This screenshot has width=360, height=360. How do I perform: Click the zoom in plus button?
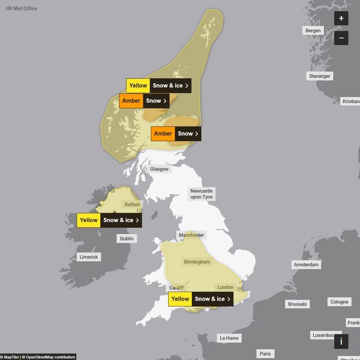coord(341,19)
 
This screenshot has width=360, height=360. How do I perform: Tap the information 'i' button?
coord(341,341)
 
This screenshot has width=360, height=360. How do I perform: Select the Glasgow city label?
coord(160,169)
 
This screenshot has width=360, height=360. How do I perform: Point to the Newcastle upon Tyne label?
coord(202,193)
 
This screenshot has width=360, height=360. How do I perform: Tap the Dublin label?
coord(127,238)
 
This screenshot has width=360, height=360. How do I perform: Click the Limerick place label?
coord(89,256)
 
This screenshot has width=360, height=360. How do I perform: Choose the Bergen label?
coord(313,30)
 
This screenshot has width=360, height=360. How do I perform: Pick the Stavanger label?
coord(319,76)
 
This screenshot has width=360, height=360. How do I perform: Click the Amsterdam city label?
coord(306,265)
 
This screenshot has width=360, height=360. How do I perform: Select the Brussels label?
coord(297,304)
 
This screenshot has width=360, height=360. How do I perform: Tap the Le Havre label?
coord(229,338)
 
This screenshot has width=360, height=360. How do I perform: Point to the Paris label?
coord(265,353)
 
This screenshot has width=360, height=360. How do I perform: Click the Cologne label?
coord(339,302)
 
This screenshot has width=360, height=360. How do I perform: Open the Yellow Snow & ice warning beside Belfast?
coord(109,220)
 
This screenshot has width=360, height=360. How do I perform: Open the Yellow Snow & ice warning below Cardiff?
coord(200,299)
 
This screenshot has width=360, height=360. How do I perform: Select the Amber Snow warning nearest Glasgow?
coord(176,134)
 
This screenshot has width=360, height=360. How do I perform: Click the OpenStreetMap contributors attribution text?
coord(49,357)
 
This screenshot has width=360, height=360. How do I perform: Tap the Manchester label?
coord(192,235)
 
